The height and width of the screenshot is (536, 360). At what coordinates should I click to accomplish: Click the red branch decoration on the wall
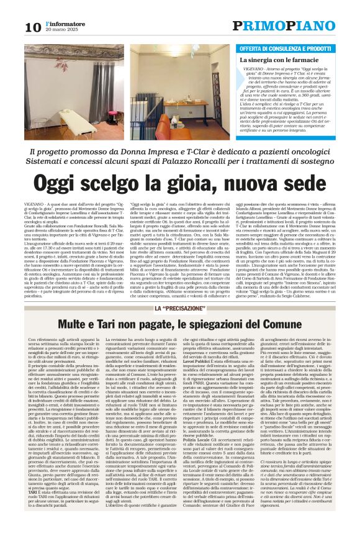coord(61,65)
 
